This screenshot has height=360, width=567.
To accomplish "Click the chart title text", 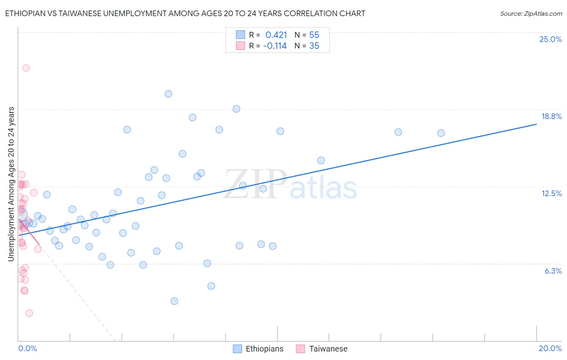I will pos(185,13).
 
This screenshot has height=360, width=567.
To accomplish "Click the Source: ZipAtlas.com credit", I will pos(531,13).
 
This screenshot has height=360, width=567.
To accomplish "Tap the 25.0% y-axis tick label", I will pos(550,39).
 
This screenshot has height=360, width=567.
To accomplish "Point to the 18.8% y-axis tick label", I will pos(551,116).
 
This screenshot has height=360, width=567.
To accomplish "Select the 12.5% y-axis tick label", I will pos(551,193).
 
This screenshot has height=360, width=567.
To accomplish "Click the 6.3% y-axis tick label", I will pos(553,271).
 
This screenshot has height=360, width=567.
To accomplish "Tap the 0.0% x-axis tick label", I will pos(27,348).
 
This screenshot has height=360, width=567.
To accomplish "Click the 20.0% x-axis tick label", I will pos(550,348).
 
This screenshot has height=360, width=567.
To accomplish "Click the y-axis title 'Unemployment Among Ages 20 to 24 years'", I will pos(11,184).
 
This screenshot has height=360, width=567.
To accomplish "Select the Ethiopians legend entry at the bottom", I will pos(258,349).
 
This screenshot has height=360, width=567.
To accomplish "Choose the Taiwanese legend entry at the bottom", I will pos(322,349).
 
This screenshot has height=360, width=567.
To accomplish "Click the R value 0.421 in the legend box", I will pos(276,35).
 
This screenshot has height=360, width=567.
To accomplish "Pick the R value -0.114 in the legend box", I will pos(275,46).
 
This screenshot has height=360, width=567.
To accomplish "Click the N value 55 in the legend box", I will pos(314,35).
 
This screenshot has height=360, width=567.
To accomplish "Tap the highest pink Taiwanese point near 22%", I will pos(26,68).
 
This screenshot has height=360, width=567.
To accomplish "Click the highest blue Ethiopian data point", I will pos(169,94).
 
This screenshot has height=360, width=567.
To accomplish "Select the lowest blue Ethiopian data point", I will pos(174,301).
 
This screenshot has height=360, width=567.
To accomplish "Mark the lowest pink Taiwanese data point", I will pos(29,313).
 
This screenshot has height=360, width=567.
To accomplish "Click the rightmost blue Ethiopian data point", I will pos(441,133).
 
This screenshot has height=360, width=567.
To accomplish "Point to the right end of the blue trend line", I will pos(536,124).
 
